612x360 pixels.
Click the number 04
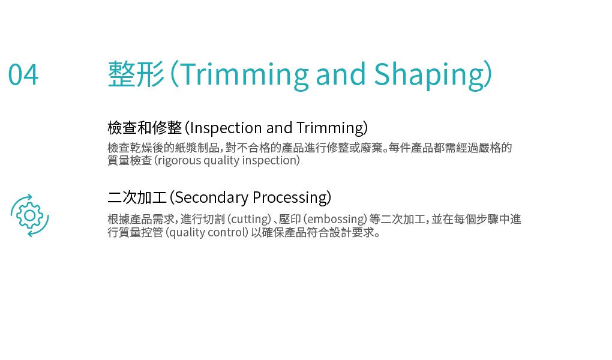click(23, 74)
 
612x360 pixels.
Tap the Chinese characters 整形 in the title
click(136, 74)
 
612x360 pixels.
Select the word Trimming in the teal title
click(244, 76)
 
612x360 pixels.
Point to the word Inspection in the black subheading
click(226, 128)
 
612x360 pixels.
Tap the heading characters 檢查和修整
click(145, 128)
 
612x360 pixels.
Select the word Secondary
click(211, 198)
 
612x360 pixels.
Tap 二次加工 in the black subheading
click(137, 197)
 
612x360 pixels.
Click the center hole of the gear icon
click(29, 215)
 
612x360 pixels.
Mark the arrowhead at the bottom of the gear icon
click(30, 233)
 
